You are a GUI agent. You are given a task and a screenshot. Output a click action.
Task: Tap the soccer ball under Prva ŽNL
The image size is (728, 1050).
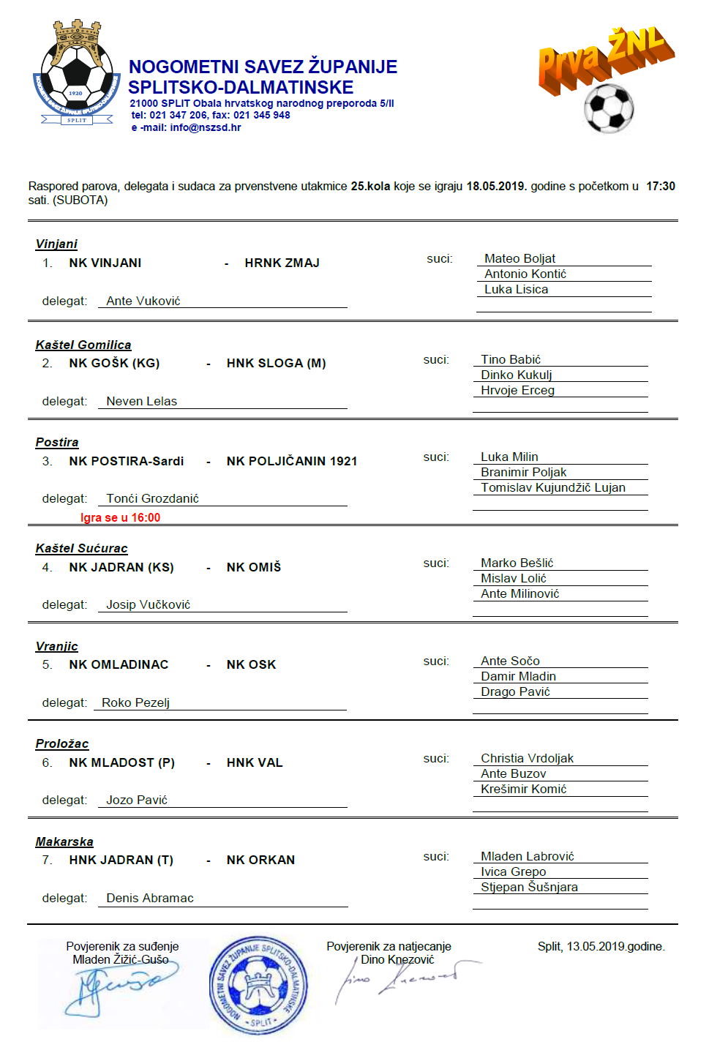pyautogui.click(x=608, y=108)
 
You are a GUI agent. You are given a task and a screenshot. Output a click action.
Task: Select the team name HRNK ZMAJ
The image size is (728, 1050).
pyautogui.click(x=282, y=263)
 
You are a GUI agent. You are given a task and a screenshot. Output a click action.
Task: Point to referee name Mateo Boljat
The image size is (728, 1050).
pyautogui.click(x=519, y=258)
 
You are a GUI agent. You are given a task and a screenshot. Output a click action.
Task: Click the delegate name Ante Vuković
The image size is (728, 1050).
pyautogui.click(x=143, y=301)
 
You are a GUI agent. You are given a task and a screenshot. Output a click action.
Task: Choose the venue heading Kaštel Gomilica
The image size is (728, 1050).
pyautogui.click(x=83, y=345)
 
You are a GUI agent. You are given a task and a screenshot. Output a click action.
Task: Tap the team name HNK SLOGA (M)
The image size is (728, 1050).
pyautogui.click(x=276, y=363)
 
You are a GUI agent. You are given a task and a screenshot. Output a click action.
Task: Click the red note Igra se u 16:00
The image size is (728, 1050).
pyautogui.click(x=120, y=517)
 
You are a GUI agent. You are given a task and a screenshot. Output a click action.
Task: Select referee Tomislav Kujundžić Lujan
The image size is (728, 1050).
pyautogui.click(x=552, y=487)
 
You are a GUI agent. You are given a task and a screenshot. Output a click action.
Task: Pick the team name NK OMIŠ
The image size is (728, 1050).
pyautogui.click(x=253, y=567)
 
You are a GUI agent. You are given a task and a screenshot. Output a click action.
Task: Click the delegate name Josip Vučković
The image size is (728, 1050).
pyautogui.click(x=148, y=604)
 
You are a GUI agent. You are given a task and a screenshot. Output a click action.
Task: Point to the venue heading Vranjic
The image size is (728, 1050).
pyautogui.click(x=56, y=646)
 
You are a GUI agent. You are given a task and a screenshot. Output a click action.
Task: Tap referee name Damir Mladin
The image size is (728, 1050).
pyautogui.click(x=518, y=676)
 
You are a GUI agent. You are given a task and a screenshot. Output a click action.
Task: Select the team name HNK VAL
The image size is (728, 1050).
pyautogui.click(x=254, y=762)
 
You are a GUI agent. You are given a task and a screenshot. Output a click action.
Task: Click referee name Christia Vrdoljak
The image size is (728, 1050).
pyautogui.click(x=527, y=758)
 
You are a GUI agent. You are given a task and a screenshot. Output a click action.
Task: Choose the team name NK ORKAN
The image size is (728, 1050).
pyautogui.click(x=260, y=860)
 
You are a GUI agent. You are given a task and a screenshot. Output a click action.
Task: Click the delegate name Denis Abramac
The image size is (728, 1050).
pyautogui.click(x=150, y=898)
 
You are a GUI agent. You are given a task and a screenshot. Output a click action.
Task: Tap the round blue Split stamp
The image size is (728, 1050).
pyautogui.click(x=258, y=984)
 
